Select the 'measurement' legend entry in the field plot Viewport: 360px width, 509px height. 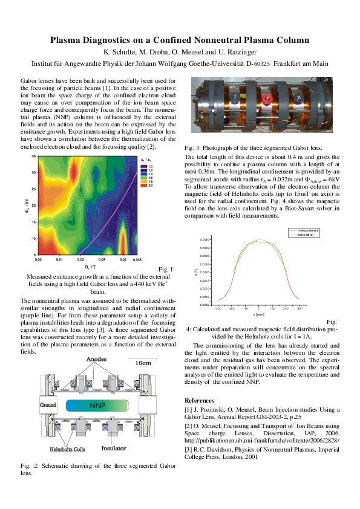(308, 230)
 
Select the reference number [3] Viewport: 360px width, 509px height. (188, 451)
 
